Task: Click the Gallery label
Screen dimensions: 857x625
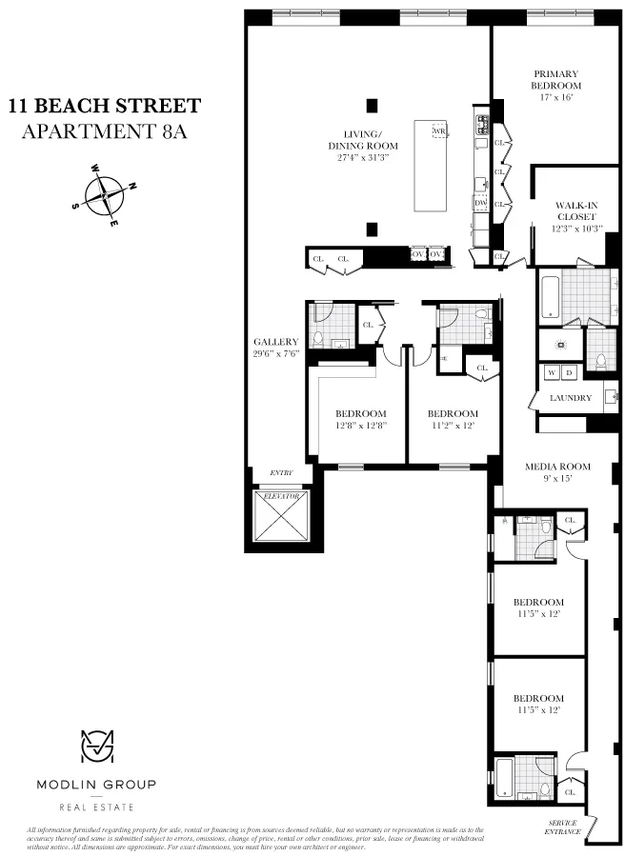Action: click(x=276, y=348)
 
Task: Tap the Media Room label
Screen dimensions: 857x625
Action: click(x=558, y=473)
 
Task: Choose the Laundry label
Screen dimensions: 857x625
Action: click(x=571, y=398)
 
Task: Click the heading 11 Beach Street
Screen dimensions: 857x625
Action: click(x=105, y=105)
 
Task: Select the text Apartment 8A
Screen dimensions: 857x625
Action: click(x=105, y=131)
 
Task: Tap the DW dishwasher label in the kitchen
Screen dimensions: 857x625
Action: click(x=480, y=203)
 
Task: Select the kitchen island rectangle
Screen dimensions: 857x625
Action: click(x=431, y=167)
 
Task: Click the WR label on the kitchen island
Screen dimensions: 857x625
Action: click(x=439, y=130)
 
